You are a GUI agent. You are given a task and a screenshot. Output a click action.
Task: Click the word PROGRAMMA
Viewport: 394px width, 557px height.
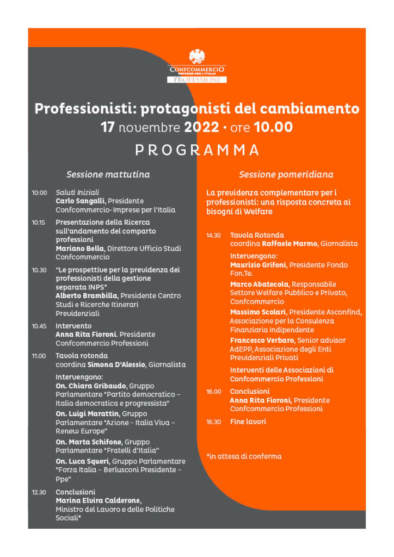point(197,150)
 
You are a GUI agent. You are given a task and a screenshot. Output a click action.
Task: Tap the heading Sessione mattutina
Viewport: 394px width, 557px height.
point(108,175)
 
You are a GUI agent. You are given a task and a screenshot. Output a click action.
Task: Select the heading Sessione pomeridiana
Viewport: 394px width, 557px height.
point(286,175)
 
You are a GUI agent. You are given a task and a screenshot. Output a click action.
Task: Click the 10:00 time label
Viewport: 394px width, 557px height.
point(39,193)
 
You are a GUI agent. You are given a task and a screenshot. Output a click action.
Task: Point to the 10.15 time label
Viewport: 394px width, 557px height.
point(39,222)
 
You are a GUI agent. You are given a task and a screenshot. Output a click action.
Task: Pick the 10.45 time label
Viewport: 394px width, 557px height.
point(39,326)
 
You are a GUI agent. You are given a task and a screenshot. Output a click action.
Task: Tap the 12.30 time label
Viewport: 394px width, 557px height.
point(39,492)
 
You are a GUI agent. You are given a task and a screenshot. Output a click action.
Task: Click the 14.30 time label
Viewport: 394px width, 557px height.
point(213,235)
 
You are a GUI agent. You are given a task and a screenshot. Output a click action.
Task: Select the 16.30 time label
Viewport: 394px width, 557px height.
point(213,422)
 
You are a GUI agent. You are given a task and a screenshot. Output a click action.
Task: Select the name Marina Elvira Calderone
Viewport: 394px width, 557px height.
point(98,500)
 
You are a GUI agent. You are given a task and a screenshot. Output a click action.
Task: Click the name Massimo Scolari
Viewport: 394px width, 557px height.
point(258,312)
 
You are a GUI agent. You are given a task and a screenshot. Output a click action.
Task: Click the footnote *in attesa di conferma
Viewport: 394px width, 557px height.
point(244,456)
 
